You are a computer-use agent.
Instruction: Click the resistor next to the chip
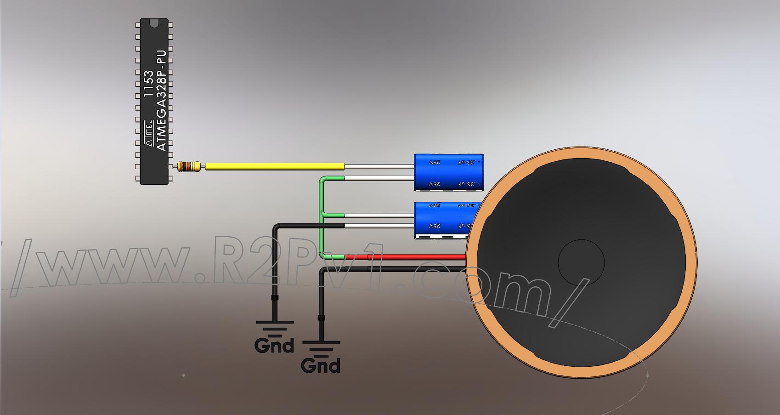pos(189,166)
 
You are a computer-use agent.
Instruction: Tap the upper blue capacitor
pos(448,172)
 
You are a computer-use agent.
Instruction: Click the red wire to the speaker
pos(404,257)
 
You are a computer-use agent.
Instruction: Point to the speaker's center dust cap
pos(581,262)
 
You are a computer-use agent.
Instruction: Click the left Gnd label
pos(274,345)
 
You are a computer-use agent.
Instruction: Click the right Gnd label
pos(321,365)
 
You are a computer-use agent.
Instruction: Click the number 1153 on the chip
pos(149,83)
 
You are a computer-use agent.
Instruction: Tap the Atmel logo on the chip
pos(149,133)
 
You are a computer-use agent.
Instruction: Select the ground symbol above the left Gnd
pos(274,327)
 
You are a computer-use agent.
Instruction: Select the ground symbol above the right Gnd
pos(321,347)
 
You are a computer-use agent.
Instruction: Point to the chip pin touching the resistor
pos(173,166)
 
